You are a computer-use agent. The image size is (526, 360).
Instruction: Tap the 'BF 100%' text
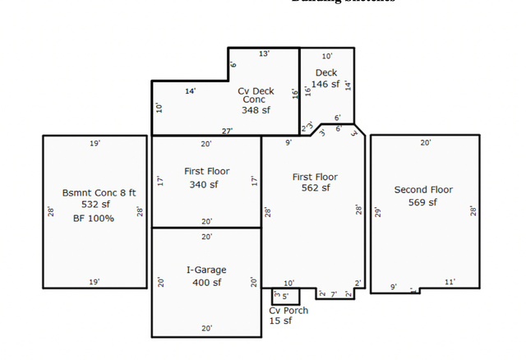tap(93, 218)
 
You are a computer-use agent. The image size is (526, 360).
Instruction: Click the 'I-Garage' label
tap(206, 270)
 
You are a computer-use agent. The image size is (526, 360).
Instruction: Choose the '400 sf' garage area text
tap(206, 283)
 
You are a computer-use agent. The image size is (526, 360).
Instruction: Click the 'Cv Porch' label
tap(288, 310)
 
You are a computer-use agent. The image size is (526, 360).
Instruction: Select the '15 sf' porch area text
tap(280, 321)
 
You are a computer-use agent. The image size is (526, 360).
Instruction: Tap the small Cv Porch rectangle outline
tap(286, 297)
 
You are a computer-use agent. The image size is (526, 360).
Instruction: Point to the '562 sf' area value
tap(315, 188)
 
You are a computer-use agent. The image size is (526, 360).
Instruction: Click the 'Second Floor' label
tap(423, 190)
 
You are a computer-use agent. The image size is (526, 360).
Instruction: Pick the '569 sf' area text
tap(423, 202)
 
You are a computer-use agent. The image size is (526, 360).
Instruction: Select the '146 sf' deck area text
tap(325, 84)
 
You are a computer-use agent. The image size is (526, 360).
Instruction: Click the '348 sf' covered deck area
tap(256, 109)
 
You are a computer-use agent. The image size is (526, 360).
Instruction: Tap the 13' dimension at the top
tap(264, 53)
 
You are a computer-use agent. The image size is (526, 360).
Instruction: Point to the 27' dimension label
tap(227, 131)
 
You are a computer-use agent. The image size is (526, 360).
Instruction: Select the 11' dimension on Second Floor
tap(449, 284)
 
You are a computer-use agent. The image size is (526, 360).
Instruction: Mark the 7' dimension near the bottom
tap(334, 293)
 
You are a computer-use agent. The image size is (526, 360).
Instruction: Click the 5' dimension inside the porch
tap(285, 295)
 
